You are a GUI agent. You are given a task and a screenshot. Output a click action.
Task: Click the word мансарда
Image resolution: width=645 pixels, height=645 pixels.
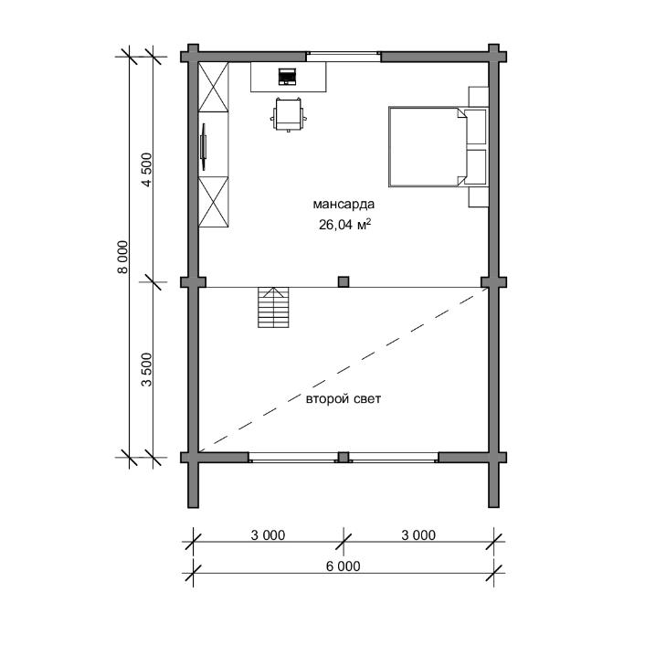point(344,204)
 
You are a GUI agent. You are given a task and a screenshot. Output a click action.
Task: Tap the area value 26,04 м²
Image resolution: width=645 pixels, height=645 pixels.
point(344,224)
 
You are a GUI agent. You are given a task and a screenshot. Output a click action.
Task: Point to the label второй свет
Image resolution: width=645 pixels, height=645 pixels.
point(344,399)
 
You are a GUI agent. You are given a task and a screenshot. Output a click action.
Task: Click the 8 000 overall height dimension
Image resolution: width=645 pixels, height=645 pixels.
point(122,257)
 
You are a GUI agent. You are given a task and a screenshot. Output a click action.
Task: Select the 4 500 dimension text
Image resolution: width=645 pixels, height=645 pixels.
point(146,170)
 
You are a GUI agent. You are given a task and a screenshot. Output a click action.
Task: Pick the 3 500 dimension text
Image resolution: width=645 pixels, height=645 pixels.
point(146,369)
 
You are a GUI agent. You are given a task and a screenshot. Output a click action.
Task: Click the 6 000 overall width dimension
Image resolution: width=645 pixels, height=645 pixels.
point(344,566)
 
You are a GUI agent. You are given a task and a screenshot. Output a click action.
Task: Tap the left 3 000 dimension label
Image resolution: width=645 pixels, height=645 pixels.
point(268,535)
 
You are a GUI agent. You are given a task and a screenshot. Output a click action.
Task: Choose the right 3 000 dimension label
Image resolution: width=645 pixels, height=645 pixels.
point(418,535)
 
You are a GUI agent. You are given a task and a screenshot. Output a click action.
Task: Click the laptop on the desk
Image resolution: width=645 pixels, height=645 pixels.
point(287,77)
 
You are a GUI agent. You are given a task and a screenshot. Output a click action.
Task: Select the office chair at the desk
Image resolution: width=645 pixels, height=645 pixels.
point(288,114)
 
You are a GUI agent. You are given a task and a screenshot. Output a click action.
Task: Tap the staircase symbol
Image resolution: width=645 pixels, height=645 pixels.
point(273,307)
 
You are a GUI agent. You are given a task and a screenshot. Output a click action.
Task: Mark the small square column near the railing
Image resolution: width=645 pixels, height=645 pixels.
point(344,281)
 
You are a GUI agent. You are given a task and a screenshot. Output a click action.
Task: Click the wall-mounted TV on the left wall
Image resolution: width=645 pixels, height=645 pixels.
point(203,146)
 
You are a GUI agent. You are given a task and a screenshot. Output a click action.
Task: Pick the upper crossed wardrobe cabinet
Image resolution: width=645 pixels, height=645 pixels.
point(214,87)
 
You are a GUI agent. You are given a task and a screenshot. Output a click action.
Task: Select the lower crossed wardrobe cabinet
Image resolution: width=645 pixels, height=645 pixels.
point(214,202)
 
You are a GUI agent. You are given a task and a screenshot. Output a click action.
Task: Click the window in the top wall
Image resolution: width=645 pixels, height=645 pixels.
point(344,57)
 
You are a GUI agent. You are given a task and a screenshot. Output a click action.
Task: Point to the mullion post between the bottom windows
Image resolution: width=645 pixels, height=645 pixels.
point(344,457)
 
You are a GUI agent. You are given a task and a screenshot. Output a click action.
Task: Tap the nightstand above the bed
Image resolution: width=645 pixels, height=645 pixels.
point(479,97)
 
